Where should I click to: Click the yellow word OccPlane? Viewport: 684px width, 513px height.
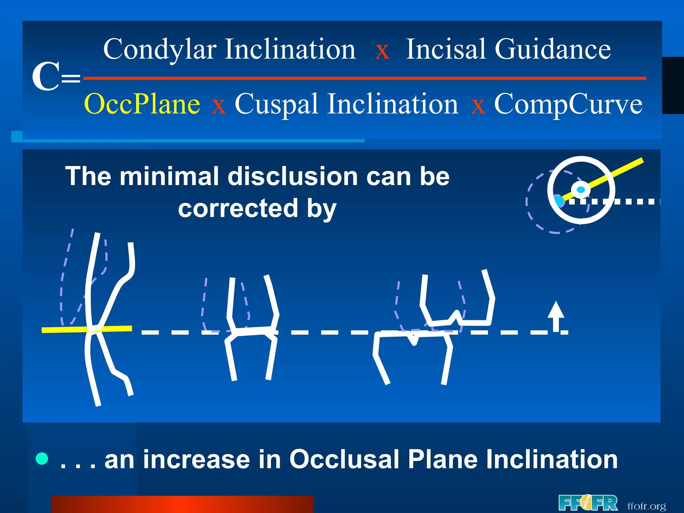(x=142, y=104)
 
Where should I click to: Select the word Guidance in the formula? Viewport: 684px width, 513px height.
(x=552, y=49)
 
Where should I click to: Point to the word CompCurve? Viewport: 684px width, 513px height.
(x=568, y=104)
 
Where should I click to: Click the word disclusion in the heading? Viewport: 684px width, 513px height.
(x=293, y=176)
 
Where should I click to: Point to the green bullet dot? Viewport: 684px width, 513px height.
(x=42, y=459)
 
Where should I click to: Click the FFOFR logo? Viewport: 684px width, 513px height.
(x=588, y=503)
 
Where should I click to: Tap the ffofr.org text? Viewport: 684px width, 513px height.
(x=647, y=506)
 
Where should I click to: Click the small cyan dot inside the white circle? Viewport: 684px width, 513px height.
(x=581, y=190)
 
